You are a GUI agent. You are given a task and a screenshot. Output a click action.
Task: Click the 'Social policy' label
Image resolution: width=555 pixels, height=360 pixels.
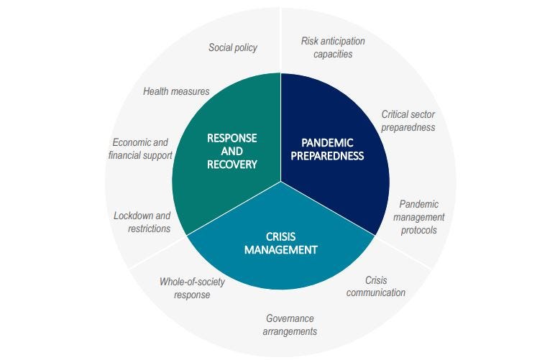232,47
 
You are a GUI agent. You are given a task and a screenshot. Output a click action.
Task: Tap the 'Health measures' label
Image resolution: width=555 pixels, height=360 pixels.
176,91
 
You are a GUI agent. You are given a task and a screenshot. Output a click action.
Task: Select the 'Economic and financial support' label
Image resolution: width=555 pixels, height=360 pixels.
140,149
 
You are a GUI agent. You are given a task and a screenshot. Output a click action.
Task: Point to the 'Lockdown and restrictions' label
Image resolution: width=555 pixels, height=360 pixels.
142,222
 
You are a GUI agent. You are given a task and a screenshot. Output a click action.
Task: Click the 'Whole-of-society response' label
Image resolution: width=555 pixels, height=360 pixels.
192,288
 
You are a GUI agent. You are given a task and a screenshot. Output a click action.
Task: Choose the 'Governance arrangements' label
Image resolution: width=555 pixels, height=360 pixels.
290,325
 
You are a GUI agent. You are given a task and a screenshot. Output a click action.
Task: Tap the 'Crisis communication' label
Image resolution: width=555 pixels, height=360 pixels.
376,287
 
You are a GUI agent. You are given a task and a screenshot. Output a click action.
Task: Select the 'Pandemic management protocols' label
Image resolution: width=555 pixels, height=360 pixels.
418,217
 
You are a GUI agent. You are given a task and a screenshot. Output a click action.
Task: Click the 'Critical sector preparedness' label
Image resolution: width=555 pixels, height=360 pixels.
408,121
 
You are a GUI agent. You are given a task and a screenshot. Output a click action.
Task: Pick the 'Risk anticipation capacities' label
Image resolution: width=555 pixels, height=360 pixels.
333,47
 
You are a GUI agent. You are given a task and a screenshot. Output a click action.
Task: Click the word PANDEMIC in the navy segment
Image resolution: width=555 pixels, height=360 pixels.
327,142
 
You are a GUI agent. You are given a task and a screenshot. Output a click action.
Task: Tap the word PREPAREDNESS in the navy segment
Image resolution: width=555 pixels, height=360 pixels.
327,156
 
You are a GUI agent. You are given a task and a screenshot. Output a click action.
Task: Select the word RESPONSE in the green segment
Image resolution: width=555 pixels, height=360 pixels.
231,138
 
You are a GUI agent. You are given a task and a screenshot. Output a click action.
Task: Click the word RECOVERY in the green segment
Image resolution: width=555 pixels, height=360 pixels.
231,165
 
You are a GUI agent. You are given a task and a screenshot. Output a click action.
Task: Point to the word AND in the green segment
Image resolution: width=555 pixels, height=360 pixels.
231,152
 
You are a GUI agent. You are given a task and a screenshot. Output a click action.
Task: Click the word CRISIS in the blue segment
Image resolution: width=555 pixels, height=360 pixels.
280,236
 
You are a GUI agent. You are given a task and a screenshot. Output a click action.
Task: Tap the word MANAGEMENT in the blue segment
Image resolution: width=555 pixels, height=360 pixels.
280,250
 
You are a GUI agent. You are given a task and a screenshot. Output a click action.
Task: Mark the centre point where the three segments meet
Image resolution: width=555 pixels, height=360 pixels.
281,181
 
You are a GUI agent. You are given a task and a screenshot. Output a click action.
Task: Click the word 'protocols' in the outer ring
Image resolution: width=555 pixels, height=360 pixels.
418,230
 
